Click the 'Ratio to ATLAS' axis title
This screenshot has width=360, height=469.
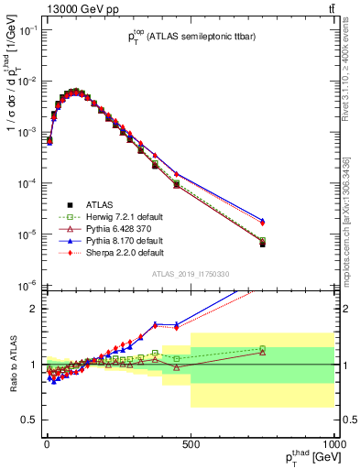(12, 363)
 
